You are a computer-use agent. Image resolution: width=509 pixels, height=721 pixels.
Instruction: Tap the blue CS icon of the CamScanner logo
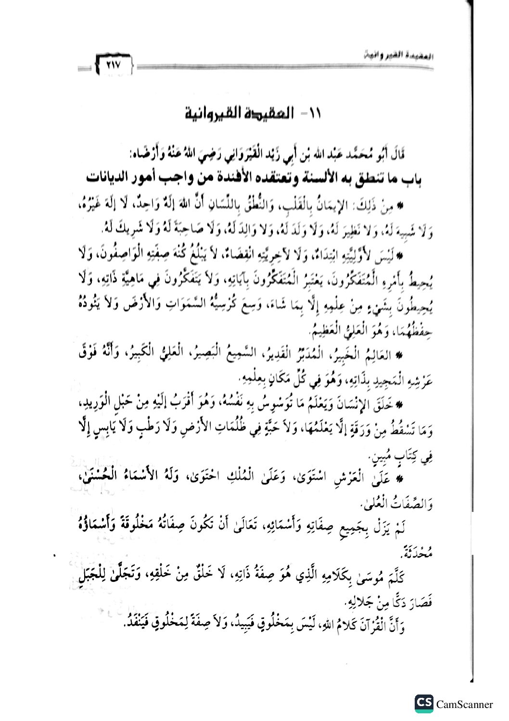click(x=424, y=704)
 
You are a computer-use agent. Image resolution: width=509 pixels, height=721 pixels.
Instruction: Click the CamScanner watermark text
click(x=465, y=704)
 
